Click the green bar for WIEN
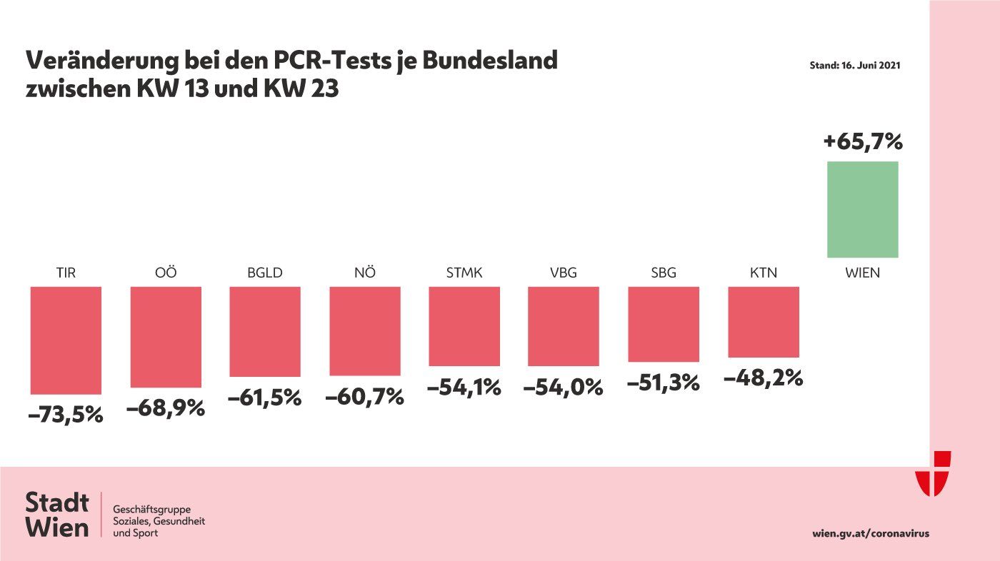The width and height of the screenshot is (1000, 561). point(862,209)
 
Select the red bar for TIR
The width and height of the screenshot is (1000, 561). point(66,340)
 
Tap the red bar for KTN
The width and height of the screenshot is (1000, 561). point(763,321)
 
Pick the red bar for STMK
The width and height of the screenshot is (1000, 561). point(464,326)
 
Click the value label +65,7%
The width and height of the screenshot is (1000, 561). point(863,141)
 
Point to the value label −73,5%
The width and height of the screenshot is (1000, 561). point(66,415)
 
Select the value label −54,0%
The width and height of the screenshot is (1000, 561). point(563,388)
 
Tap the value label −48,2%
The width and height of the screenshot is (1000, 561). point(763,378)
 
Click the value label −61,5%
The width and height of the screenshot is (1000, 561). point(264,398)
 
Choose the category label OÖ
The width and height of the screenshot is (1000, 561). point(165,273)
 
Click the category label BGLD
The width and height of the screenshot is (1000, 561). point(264,273)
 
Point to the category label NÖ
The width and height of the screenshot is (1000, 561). point(364,273)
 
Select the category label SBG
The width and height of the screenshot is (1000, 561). point(663,273)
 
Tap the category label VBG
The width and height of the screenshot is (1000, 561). point(563,273)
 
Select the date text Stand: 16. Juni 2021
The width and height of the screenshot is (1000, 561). point(854,65)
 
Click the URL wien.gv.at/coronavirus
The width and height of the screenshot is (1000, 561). point(871,533)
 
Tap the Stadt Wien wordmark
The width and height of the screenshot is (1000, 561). point(57,515)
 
